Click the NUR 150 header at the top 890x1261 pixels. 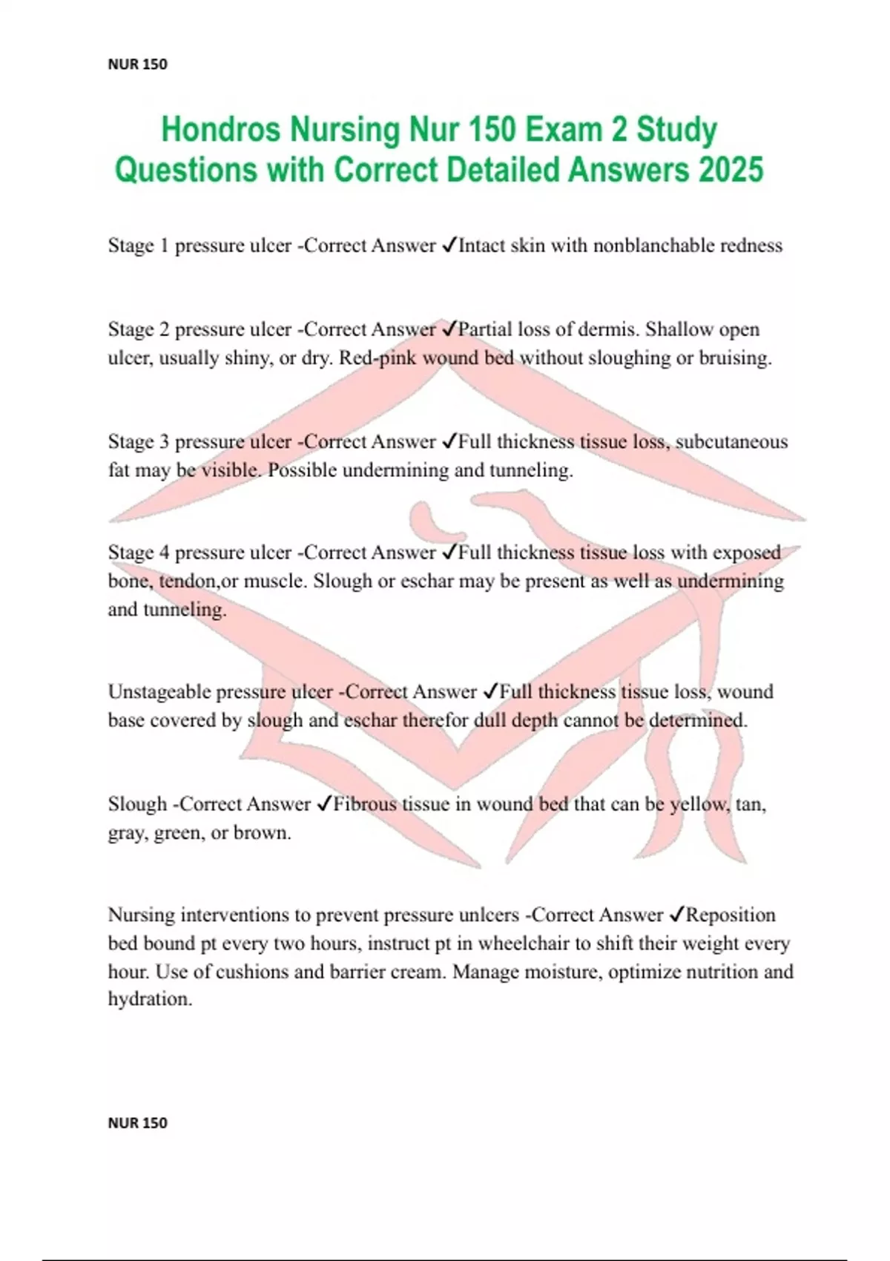137,65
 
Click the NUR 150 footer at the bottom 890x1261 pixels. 137,1123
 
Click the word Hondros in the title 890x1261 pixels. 221,130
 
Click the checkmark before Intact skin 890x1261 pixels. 449,246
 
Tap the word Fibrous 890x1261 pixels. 364,804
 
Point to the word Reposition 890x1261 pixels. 731,915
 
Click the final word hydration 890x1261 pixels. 150,999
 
